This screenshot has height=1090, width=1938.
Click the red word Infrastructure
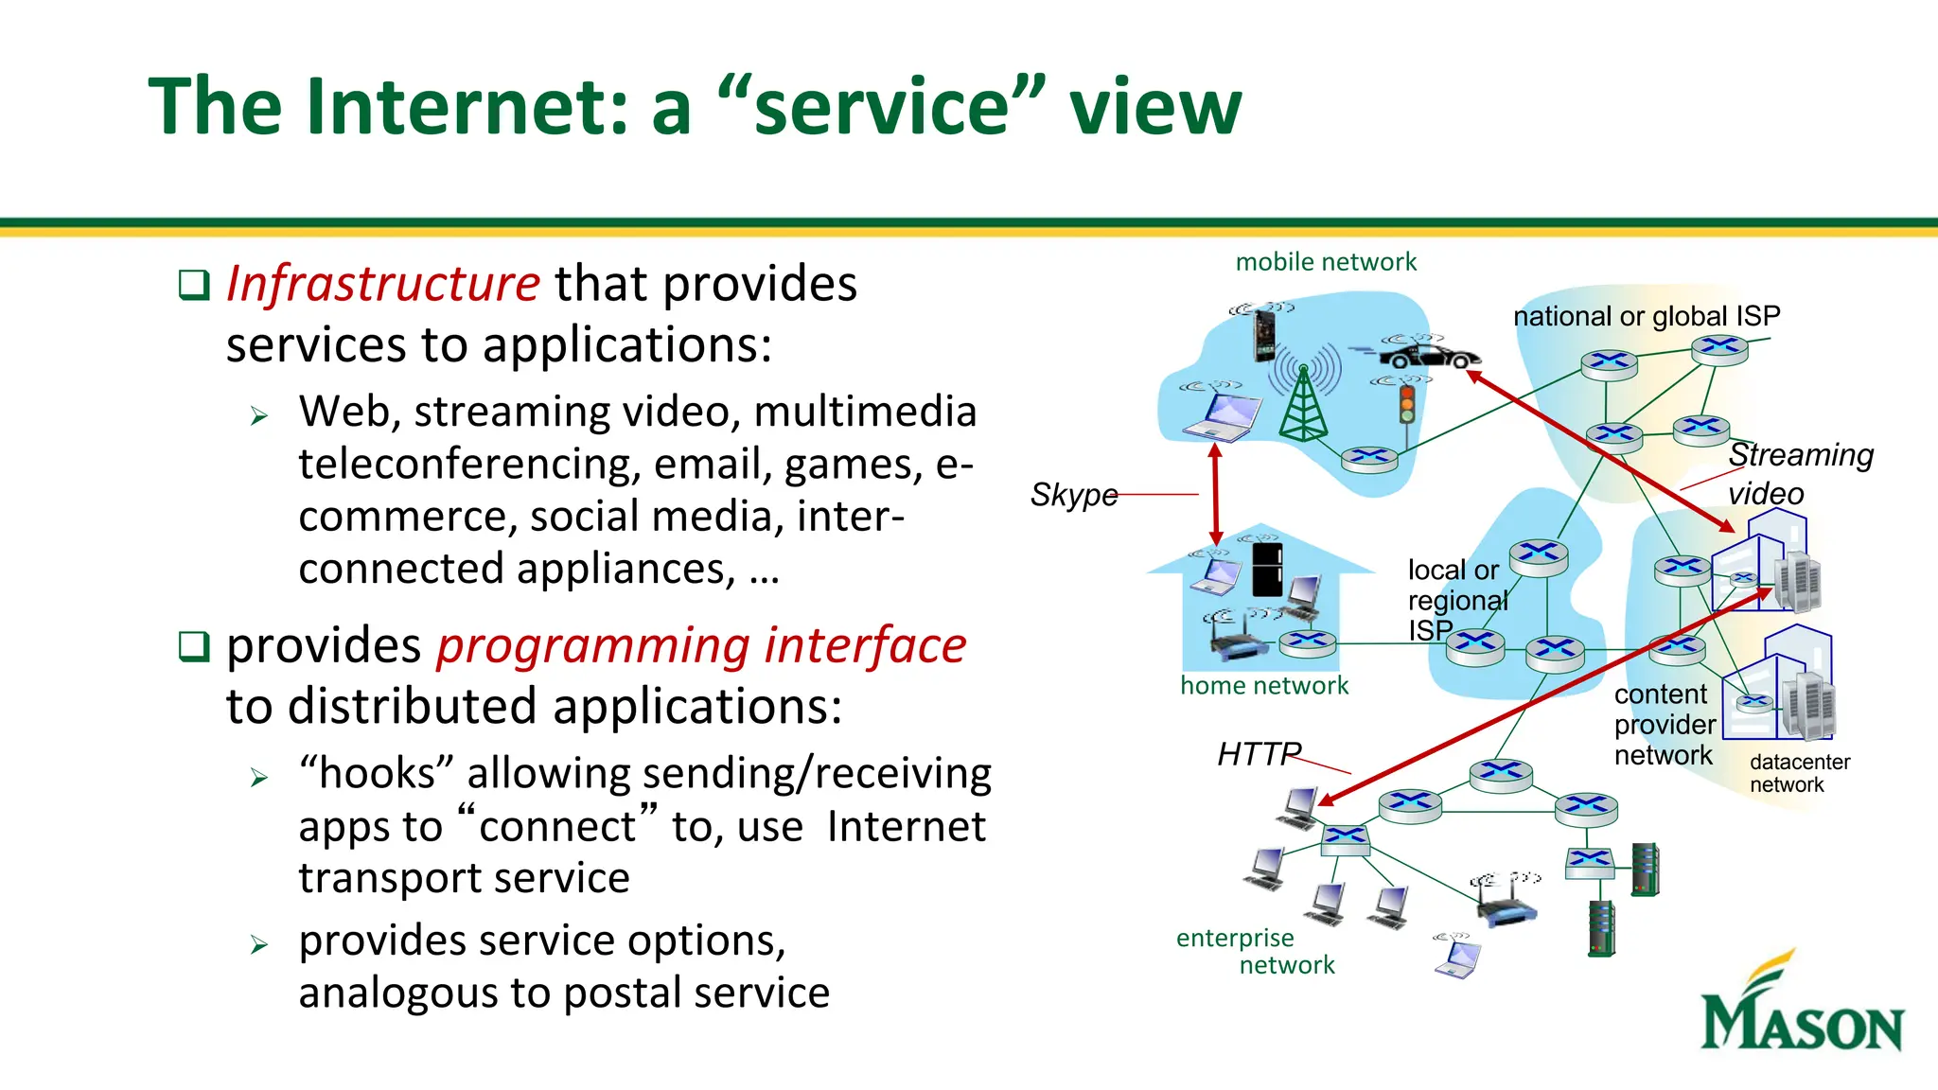382,284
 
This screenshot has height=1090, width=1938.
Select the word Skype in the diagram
1074,495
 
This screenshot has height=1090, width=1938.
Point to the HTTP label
1259,754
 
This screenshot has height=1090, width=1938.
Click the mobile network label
1326,262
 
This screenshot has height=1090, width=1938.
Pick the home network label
1264,686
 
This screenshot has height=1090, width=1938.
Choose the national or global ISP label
1647,316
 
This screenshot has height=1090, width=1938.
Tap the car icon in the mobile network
1429,356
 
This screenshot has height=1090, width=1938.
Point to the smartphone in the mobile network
1264,336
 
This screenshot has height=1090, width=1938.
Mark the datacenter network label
1799,773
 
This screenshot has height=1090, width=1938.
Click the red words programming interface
700,646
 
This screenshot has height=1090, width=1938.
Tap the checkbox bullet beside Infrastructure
194,284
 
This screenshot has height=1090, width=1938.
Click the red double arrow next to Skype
1216,495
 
